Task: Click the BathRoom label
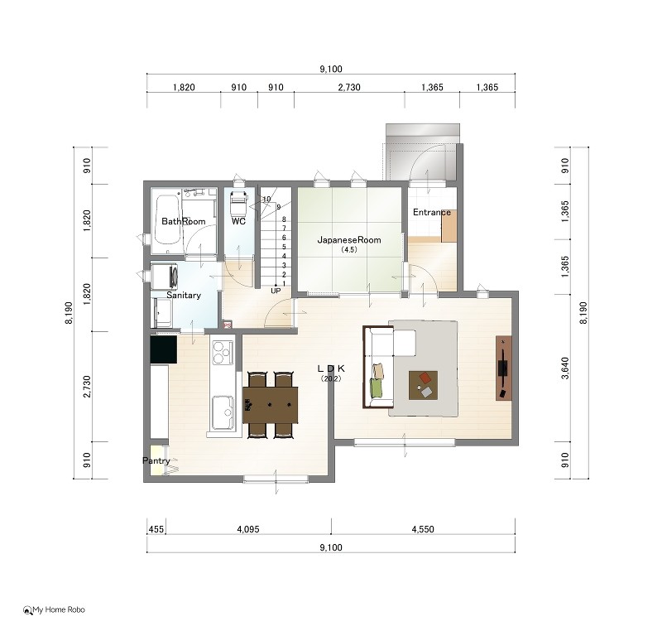point(183,221)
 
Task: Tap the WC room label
point(238,221)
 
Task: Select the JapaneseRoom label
point(349,240)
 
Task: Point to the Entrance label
point(431,212)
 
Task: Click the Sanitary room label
point(184,296)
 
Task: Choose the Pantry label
point(156,460)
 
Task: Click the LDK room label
point(331,368)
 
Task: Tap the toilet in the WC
point(237,203)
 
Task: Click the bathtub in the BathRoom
point(167,219)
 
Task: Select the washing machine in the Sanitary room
point(164,277)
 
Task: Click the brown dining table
point(271,405)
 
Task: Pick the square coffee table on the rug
point(423,385)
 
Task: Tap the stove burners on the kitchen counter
point(222,353)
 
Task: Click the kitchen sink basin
point(223,412)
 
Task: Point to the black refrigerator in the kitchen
point(164,349)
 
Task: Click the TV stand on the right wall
point(504,368)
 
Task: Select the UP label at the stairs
point(276,291)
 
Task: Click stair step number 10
point(266,199)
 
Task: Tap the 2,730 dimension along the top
point(349,88)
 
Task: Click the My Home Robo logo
point(54,609)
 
